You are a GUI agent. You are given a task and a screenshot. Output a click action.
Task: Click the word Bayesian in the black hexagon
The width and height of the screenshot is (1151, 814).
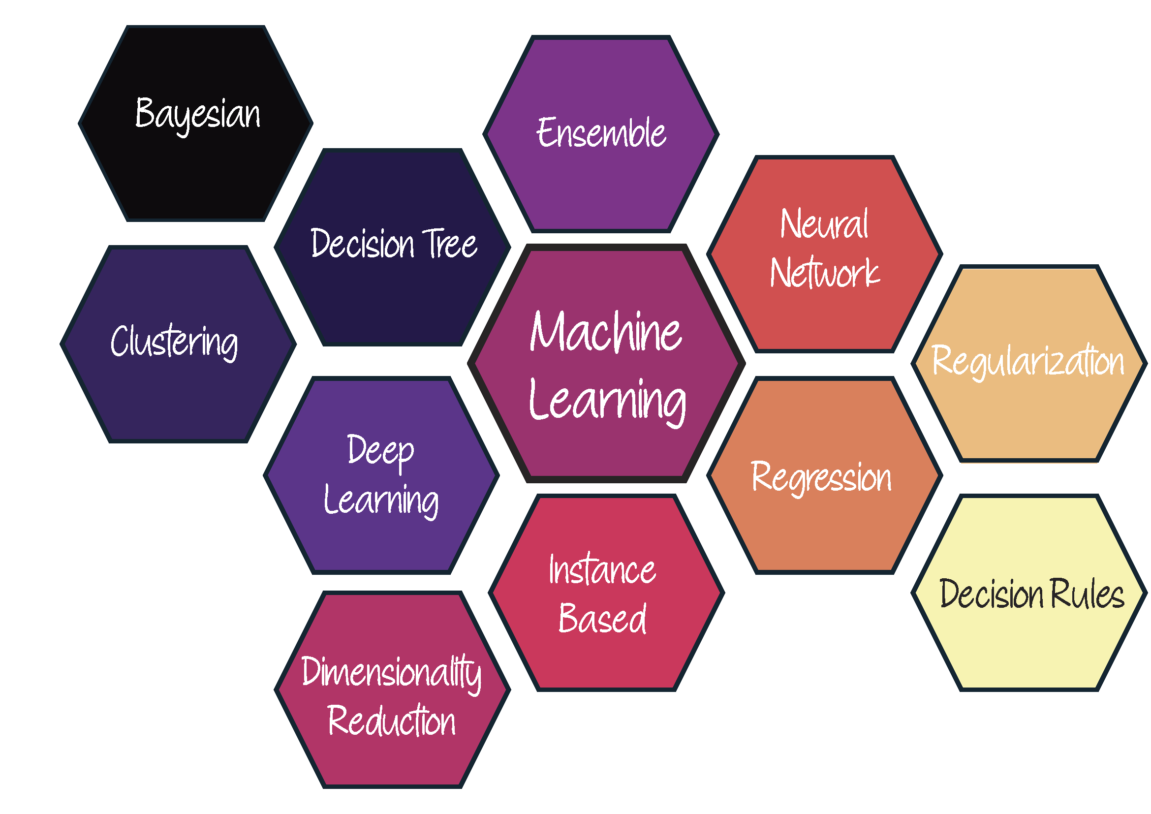click(x=198, y=116)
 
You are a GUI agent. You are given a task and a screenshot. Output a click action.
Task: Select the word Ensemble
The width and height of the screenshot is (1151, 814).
click(x=601, y=132)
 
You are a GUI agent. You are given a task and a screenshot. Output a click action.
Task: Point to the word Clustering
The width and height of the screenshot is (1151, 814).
click(x=175, y=343)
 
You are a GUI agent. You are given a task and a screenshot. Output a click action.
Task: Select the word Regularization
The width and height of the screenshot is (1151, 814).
click(x=1028, y=361)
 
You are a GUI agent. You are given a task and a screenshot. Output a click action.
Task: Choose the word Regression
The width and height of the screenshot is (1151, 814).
click(x=822, y=477)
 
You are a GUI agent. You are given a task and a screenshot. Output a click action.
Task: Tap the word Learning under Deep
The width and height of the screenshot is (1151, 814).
click(x=381, y=501)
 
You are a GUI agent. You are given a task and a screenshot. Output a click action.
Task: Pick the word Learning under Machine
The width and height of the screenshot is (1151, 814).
click(x=607, y=403)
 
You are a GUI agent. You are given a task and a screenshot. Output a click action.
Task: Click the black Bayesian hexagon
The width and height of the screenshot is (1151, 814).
click(x=195, y=124)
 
